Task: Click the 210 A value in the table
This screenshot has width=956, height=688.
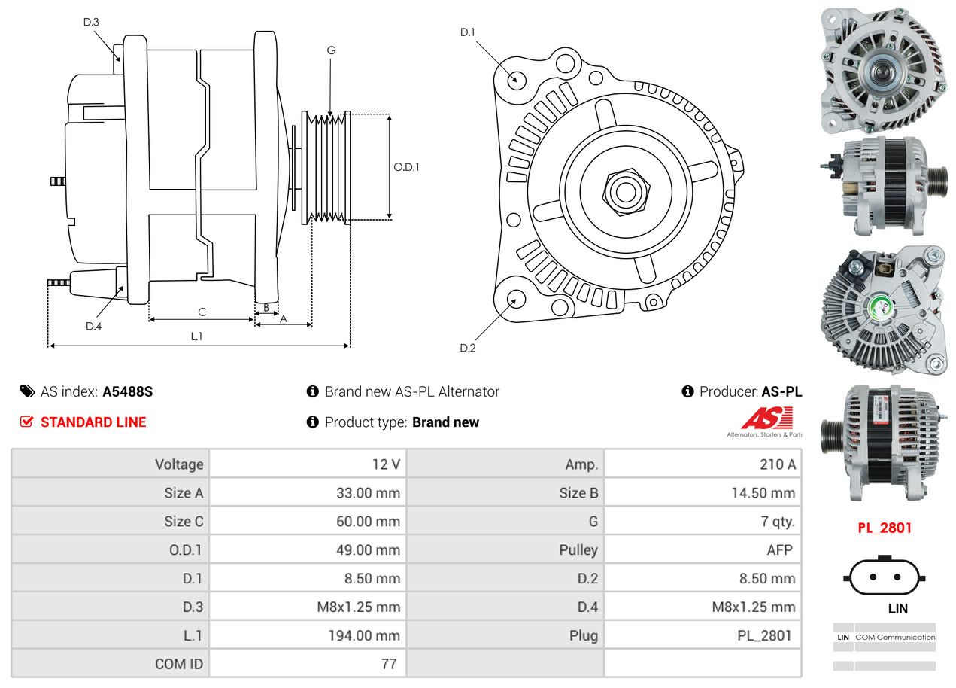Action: coord(777,464)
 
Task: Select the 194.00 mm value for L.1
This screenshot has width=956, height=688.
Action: coord(363,635)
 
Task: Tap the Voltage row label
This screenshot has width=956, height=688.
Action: coord(179,464)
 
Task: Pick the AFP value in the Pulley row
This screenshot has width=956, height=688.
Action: coord(779,550)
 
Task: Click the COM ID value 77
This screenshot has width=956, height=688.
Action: coord(389,664)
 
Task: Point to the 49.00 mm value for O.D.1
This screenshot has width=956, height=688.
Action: coord(368,550)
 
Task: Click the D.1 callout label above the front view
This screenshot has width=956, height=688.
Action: coord(468,32)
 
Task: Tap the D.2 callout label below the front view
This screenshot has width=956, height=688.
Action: coord(468,348)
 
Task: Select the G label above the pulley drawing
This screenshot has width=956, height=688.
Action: coord(331,51)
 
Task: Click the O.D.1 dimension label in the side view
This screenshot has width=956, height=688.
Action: coord(406,167)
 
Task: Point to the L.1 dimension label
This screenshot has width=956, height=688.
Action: coord(196,336)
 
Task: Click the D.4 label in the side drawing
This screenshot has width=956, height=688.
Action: coord(93,326)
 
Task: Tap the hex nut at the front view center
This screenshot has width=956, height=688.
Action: coord(624,190)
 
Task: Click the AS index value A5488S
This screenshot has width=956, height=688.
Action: coord(128,392)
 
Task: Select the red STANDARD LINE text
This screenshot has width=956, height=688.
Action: coord(93,422)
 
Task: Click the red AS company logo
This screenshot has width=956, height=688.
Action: coord(766,419)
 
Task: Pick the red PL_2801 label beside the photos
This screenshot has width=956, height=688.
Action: coord(885,528)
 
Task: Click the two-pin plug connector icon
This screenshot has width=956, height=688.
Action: coord(885,577)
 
